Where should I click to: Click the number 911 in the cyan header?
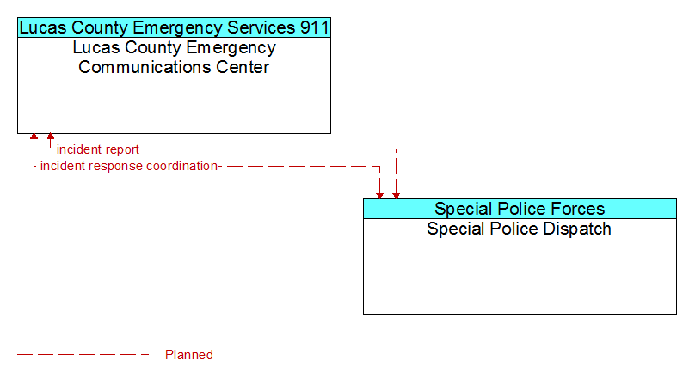pos(314,27)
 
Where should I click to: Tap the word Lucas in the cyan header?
pos(43,27)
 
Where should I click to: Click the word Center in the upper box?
pos(243,67)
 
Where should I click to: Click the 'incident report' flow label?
pos(98,149)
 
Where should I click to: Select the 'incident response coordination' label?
pos(129,166)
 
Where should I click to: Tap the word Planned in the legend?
pos(189,354)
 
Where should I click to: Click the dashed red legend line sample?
pos(83,354)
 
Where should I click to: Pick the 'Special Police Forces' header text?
pos(520,209)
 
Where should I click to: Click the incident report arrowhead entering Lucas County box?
pos(51,137)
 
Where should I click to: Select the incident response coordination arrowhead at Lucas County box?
pos(34,137)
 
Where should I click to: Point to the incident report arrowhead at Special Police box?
pos(396,195)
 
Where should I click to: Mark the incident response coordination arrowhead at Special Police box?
pos(379,195)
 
